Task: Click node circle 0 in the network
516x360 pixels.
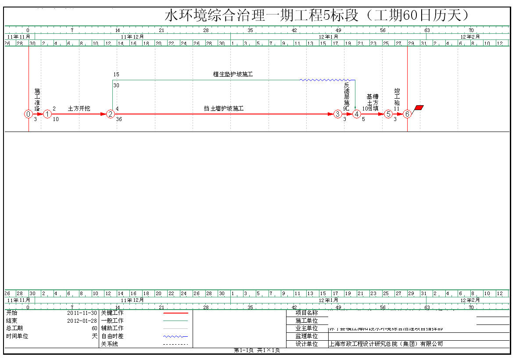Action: (x=29, y=114)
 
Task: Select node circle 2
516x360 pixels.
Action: (x=111, y=114)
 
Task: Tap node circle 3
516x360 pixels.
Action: (x=337, y=114)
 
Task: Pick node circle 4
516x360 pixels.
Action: (x=357, y=114)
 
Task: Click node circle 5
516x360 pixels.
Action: (x=388, y=114)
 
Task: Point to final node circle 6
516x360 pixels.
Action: (x=407, y=114)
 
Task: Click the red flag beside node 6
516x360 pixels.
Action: (x=419, y=107)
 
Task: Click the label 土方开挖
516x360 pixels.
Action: (x=79, y=108)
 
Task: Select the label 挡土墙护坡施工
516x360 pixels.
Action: (x=223, y=108)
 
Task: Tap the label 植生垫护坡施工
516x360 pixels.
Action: (x=233, y=75)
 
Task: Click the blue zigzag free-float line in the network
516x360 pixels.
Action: (x=325, y=80)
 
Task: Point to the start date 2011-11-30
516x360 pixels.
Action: (x=82, y=313)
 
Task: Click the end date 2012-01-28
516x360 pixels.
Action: (x=82, y=321)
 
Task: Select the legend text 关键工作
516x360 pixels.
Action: (x=112, y=313)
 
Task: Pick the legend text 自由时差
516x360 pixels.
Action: (x=112, y=336)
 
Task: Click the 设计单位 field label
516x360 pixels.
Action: (x=307, y=344)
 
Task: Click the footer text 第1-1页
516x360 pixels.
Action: (x=244, y=350)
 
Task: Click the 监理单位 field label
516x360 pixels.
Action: (x=307, y=336)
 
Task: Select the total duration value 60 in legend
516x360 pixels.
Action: (x=94, y=328)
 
